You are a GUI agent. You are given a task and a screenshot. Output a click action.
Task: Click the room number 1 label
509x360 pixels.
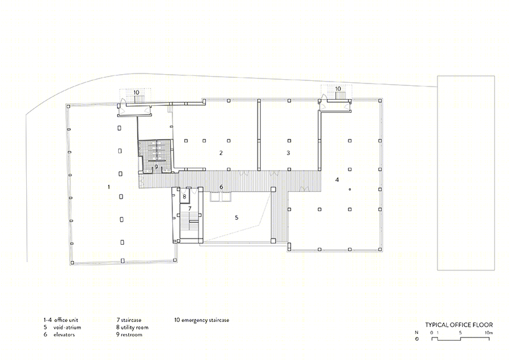tap(109, 187)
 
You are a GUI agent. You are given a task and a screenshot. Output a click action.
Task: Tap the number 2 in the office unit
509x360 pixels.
tap(221, 153)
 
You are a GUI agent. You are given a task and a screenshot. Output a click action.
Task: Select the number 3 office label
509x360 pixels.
tap(288, 153)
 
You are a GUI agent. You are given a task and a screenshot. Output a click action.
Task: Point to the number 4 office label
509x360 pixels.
tap(337, 179)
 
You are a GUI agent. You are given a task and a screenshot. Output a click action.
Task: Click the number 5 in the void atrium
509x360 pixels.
tap(236, 217)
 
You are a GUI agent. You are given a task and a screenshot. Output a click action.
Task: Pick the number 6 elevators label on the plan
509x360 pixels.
tap(222, 187)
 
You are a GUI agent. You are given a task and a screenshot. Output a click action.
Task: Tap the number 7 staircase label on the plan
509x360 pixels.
tap(190, 208)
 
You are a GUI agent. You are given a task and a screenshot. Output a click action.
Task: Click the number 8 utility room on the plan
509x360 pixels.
tap(184, 197)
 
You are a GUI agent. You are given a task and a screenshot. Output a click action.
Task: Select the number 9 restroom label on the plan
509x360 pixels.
tap(156, 167)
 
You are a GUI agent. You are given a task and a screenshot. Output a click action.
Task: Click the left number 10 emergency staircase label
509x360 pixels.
tap(136, 93)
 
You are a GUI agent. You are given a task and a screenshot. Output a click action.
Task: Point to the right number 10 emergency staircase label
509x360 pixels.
tap(338, 88)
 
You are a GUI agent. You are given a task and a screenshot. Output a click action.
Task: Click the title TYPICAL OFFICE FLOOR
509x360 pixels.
tap(459, 324)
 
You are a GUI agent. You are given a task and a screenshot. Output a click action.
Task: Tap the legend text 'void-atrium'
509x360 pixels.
tap(67, 327)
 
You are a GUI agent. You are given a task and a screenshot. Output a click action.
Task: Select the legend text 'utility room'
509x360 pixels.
tap(134, 327)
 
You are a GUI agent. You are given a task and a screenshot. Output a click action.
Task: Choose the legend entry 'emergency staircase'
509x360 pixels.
tap(205, 320)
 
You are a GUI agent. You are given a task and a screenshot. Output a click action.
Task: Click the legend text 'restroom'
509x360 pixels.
tap(131, 334)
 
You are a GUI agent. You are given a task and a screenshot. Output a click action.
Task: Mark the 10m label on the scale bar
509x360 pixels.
tap(489, 333)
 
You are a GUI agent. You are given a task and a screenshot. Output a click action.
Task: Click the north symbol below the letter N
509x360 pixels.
tap(417, 339)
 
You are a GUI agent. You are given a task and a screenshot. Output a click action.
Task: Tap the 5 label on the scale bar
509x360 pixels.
tap(460, 333)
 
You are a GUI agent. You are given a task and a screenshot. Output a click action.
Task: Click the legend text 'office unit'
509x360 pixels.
tap(66, 320)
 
